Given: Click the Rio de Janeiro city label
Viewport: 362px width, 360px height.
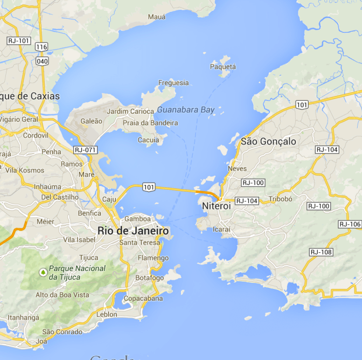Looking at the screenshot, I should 133,231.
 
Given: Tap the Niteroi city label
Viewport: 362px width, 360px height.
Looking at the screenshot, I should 216,206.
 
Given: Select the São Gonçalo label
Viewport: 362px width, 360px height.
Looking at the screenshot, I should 268,141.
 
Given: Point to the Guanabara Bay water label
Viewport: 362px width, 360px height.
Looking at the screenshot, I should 186,110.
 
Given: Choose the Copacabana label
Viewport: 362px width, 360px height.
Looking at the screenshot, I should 143,298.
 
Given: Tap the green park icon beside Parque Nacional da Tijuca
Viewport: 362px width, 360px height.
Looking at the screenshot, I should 43,272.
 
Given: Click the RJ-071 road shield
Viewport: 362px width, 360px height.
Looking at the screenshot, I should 85,150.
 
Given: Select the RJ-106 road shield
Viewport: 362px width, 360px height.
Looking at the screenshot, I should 350,224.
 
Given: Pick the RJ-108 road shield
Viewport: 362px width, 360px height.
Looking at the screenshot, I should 321,252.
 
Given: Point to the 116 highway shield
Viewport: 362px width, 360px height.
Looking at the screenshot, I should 41,47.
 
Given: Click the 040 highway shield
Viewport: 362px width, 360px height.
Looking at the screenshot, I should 41,61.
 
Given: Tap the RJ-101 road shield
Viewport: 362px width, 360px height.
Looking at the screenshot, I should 19,41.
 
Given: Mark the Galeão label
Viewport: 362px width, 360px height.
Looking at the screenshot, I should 90,121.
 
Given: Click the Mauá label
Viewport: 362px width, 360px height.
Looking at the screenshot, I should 157,17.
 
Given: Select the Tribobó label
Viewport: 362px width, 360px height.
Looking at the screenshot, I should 280,198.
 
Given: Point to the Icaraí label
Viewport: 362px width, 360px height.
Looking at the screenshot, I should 221,229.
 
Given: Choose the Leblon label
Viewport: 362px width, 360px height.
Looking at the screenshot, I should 107,314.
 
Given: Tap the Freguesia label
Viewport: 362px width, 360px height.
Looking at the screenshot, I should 173,83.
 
